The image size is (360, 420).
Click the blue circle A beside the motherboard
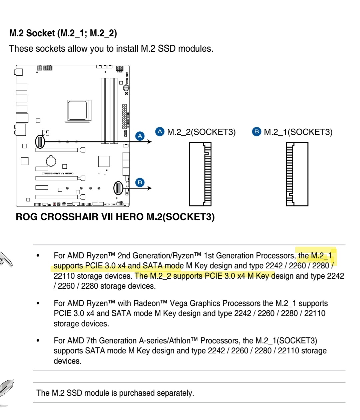(140, 136)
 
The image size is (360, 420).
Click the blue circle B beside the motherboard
(140, 182)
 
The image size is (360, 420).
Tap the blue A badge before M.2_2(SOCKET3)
(160, 132)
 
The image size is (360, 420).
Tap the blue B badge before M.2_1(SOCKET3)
(256, 132)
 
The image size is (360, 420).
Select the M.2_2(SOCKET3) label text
(201, 132)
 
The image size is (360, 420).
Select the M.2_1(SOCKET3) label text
(298, 132)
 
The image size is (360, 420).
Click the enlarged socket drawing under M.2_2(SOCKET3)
(200, 174)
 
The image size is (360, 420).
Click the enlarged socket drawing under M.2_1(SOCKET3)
(297, 174)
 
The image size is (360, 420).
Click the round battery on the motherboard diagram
(51, 161)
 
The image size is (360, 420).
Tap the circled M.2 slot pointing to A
(40, 141)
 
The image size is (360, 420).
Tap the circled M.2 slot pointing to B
(118, 188)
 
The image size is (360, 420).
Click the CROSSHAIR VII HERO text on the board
(57, 173)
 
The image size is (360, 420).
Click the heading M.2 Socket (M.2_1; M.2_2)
(63, 33)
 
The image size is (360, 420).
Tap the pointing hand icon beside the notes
(6, 259)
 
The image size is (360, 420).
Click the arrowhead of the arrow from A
(150, 142)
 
